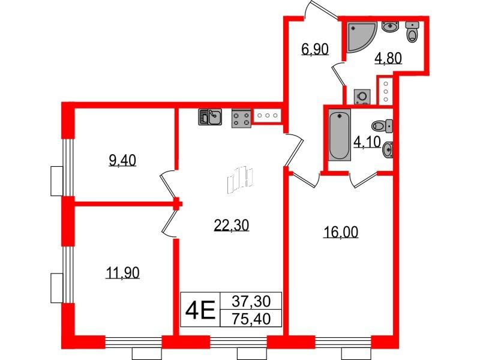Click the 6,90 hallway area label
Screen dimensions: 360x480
315,49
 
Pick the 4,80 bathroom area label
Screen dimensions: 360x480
388,58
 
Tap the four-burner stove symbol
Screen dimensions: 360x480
241,118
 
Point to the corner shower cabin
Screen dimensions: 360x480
361,37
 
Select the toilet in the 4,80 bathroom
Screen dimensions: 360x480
413,32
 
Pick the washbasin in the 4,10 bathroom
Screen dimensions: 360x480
387,148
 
